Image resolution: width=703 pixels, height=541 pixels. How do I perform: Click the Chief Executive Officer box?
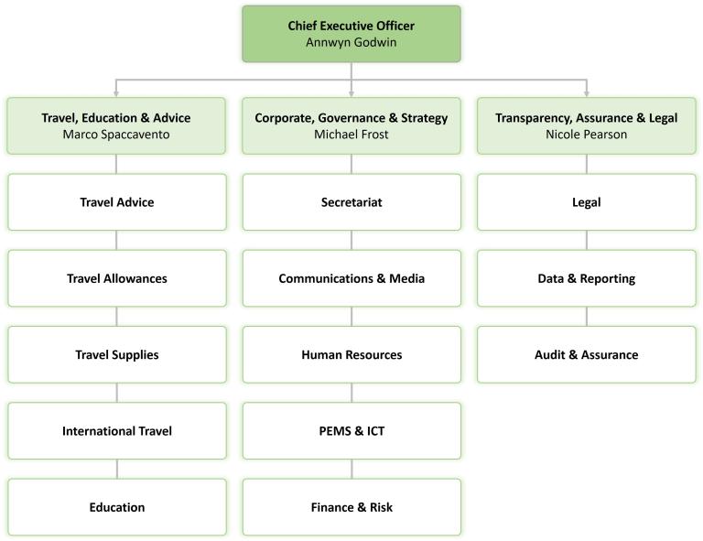tap(351, 34)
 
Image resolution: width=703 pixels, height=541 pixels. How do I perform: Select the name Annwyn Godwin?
tap(351, 42)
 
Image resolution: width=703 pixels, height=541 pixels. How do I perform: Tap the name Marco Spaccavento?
tap(116, 135)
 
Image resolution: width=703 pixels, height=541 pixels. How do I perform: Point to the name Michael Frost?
tap(351, 135)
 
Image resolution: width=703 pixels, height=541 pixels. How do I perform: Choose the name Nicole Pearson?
tap(586, 135)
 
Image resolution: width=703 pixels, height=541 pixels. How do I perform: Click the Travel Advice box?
tap(116, 202)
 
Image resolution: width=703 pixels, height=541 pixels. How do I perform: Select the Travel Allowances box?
tap(116, 278)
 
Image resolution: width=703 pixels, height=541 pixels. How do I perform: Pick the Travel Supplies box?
tap(116, 354)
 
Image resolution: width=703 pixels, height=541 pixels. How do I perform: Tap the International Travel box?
tap(116, 430)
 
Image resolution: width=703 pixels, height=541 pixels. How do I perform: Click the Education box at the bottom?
tap(116, 506)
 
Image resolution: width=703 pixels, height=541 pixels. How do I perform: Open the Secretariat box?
tap(351, 202)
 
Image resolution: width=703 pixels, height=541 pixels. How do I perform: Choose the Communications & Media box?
tap(351, 278)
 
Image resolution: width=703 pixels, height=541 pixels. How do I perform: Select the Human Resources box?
tap(351, 354)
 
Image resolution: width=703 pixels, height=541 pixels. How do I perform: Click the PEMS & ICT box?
tap(351, 430)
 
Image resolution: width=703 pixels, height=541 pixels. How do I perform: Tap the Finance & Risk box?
tap(351, 506)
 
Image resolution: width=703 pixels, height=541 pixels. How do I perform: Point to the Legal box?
tap(586, 202)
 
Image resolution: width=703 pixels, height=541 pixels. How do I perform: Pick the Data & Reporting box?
tap(586, 278)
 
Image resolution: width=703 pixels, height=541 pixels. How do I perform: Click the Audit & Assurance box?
tap(586, 354)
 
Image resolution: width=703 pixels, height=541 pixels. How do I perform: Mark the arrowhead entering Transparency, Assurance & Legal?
tap(586, 92)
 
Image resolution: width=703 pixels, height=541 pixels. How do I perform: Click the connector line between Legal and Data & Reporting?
tap(586, 240)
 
